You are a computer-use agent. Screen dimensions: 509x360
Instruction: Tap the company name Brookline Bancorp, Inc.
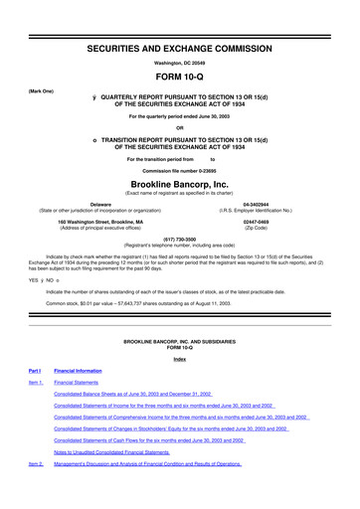click(180, 186)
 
